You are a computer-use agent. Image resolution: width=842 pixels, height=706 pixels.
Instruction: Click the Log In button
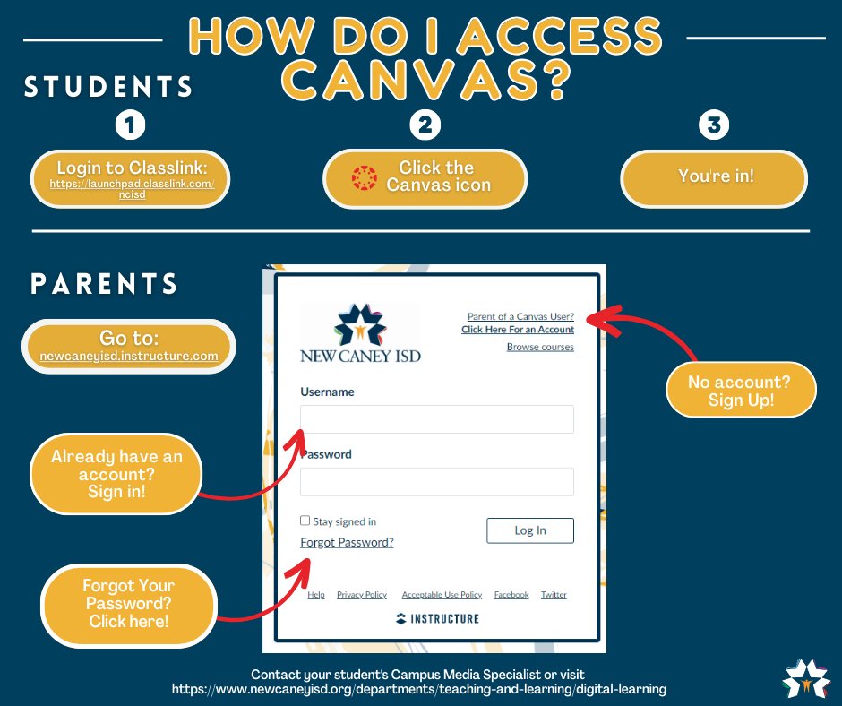pos(529,530)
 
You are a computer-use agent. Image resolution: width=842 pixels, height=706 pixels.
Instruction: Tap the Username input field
pos(436,419)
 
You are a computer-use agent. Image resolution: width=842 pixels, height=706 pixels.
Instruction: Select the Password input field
pos(436,482)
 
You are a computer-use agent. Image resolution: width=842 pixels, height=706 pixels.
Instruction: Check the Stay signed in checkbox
pos(305,521)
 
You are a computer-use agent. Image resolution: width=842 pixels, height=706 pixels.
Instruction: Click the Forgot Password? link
pos(347,543)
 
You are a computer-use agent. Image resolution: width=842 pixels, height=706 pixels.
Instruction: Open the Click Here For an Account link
pos(518,330)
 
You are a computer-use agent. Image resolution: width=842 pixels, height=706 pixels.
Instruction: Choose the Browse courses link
pos(540,347)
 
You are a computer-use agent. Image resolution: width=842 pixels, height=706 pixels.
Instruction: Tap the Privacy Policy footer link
pos(362,595)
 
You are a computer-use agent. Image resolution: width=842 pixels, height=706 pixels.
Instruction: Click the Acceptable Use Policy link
pos(442,595)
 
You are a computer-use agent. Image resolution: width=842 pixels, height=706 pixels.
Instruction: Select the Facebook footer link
pos(511,595)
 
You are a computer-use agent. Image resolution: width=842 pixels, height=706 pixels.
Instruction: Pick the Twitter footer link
pos(554,595)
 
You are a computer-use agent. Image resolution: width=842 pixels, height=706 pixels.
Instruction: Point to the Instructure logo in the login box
pos(437,618)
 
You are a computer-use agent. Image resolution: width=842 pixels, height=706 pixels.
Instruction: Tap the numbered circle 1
pos(131,125)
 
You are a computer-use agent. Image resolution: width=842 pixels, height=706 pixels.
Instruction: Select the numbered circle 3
pos(713,125)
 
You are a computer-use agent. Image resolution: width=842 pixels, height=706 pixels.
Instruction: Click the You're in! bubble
pos(715,177)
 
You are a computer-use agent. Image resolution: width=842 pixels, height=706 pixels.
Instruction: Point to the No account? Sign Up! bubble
pos(739,391)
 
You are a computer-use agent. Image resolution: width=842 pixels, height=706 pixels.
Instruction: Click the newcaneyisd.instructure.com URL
pos(129,357)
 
